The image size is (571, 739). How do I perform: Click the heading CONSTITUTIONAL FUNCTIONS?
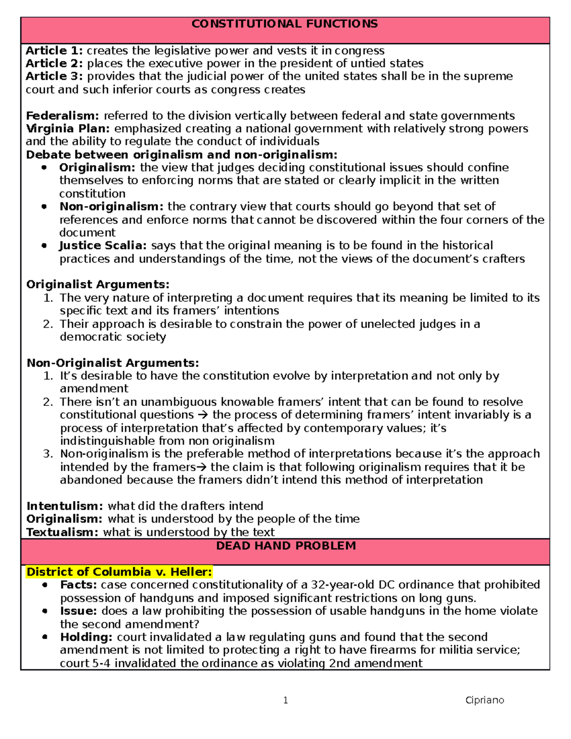tap(285, 24)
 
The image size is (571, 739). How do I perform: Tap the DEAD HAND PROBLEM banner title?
tap(286, 546)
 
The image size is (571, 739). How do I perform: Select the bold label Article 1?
tap(54, 50)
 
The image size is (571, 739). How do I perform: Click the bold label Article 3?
tap(54, 76)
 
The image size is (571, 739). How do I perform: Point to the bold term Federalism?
tap(62, 116)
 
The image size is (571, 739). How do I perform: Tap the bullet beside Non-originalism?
tap(44, 207)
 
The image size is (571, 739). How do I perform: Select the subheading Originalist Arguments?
tap(98, 285)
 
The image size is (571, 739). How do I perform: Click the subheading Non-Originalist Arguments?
tap(113, 363)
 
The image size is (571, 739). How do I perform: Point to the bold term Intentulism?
tap(64, 506)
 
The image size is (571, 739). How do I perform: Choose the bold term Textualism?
tap(62, 532)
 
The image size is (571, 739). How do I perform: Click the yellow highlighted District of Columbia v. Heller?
tap(119, 571)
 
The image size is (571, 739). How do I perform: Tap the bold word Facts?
tap(79, 585)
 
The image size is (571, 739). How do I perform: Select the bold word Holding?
tap(86, 637)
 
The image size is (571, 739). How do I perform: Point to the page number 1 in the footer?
tap(285, 700)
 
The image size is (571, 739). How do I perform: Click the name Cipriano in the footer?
tap(484, 700)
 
